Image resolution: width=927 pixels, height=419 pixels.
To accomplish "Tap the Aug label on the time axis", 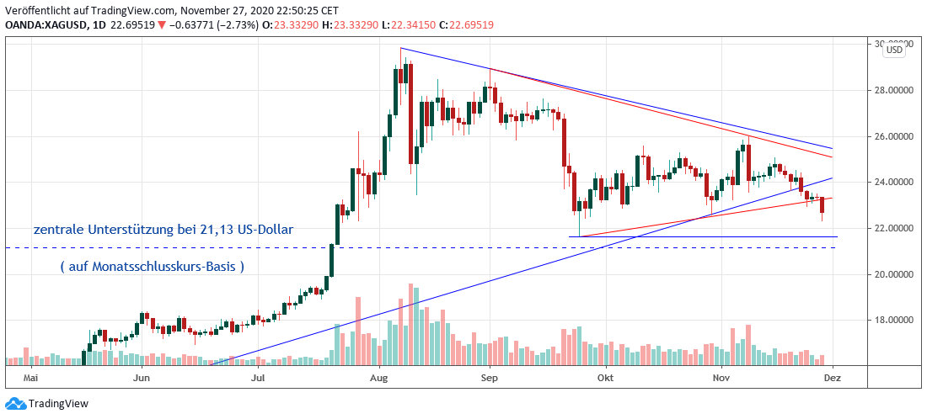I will pos(378,378).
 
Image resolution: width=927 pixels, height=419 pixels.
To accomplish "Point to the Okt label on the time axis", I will pos(603,378).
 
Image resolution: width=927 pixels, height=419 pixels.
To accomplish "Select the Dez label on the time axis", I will pos(833,378).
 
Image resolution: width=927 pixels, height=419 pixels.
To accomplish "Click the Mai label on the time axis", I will pos(33,378).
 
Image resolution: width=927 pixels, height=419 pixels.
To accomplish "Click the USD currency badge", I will pos(894,50).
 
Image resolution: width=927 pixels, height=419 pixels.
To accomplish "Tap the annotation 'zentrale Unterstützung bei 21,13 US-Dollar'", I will pos(163,229).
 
